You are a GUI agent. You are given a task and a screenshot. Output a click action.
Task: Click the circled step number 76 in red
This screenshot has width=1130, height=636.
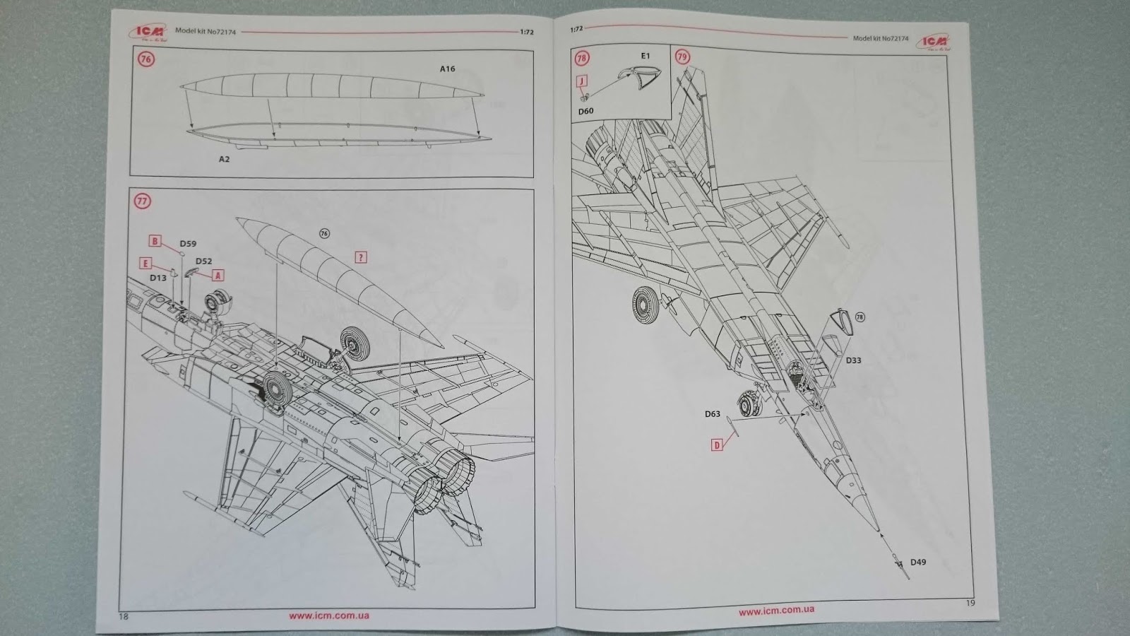pyautogui.click(x=146, y=59)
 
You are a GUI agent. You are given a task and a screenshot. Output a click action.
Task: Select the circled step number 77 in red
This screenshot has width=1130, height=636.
pyautogui.click(x=143, y=201)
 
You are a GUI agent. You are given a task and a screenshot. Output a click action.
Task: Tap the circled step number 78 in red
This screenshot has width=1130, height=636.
pyautogui.click(x=583, y=57)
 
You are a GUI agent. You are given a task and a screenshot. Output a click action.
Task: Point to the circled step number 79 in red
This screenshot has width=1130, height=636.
pyautogui.click(x=682, y=57)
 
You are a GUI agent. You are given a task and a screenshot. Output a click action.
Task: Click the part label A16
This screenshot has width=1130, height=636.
pyautogui.click(x=447, y=69)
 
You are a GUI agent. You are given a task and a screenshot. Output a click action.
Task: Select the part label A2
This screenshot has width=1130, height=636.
pyautogui.click(x=224, y=160)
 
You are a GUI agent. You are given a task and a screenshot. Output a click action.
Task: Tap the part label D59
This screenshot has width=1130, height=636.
pyautogui.click(x=188, y=244)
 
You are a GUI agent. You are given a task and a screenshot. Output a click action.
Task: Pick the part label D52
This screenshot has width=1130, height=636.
pyautogui.click(x=203, y=261)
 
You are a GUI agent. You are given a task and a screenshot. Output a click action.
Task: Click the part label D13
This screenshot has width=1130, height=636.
pyautogui.click(x=158, y=278)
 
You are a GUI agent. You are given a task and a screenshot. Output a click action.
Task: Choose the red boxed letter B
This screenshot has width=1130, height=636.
pyautogui.click(x=155, y=241)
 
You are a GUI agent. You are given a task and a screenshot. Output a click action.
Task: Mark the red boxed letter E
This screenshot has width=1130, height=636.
pyautogui.click(x=145, y=264)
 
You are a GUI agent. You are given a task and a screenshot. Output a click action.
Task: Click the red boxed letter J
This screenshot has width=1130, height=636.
pyautogui.click(x=582, y=81)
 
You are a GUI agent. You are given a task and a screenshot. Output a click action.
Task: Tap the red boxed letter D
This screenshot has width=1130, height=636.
pyautogui.click(x=717, y=445)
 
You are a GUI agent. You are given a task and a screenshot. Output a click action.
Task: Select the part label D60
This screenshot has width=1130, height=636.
pyautogui.click(x=586, y=112)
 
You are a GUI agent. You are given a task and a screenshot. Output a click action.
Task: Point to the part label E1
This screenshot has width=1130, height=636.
pyautogui.click(x=645, y=56)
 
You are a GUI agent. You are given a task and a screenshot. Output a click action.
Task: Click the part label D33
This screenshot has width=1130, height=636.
pyautogui.click(x=853, y=360)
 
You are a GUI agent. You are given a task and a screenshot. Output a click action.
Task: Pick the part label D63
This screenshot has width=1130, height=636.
pyautogui.click(x=712, y=414)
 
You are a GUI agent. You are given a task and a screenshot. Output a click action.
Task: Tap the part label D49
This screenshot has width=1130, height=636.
pyautogui.click(x=917, y=563)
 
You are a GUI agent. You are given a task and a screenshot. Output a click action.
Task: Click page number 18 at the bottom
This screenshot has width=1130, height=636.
pyautogui.click(x=124, y=617)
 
